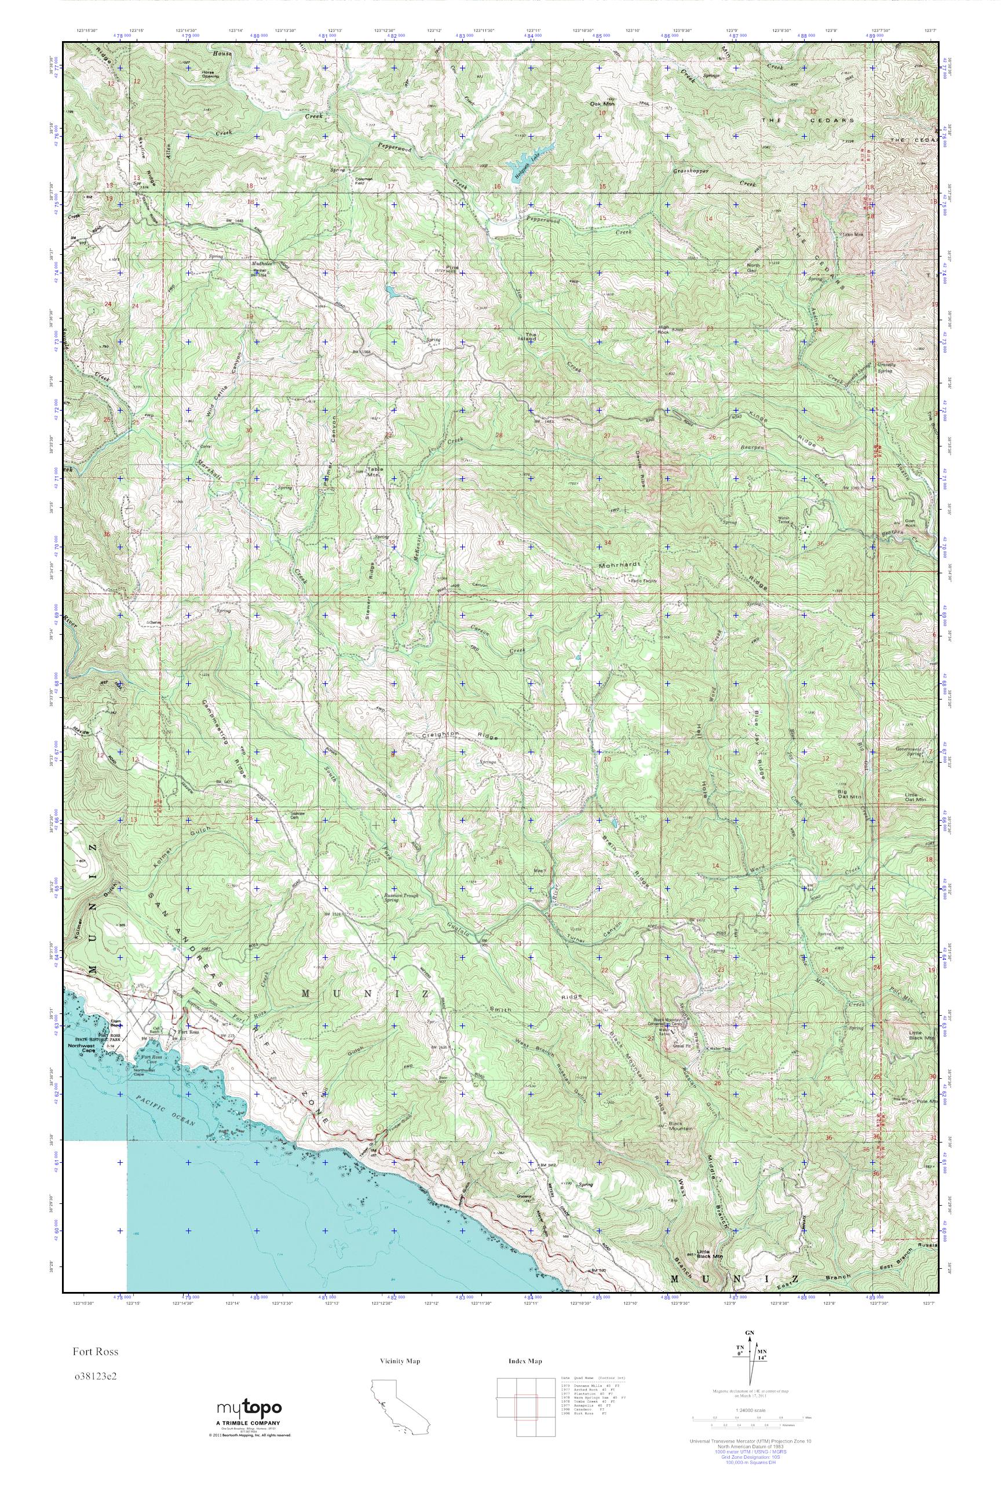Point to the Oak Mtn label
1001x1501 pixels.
(601, 104)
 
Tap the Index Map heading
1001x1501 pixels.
(525, 1361)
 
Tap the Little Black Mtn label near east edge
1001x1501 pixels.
(922, 1036)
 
